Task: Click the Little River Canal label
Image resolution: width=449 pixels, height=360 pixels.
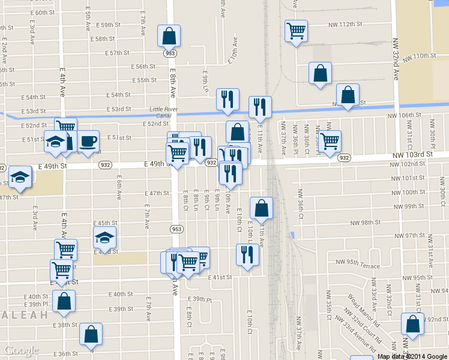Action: coord(160,112)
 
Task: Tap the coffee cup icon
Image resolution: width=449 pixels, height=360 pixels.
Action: coord(88,141)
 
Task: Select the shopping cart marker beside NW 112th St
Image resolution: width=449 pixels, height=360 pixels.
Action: coord(296,31)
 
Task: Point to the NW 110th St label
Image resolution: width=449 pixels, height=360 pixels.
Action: coord(418,56)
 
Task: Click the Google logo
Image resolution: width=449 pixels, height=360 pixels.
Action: coord(21,350)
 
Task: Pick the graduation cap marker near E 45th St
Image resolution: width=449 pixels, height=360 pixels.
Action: coord(105,238)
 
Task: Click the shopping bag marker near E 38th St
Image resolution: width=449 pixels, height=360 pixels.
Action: coord(91,335)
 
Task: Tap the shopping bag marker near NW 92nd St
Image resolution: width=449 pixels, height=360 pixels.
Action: coord(413,324)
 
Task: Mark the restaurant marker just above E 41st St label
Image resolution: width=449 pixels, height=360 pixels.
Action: coord(248,255)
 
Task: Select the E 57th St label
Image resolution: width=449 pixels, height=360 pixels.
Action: coord(117,53)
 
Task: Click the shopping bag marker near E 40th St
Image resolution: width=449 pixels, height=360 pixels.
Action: coord(64,301)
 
